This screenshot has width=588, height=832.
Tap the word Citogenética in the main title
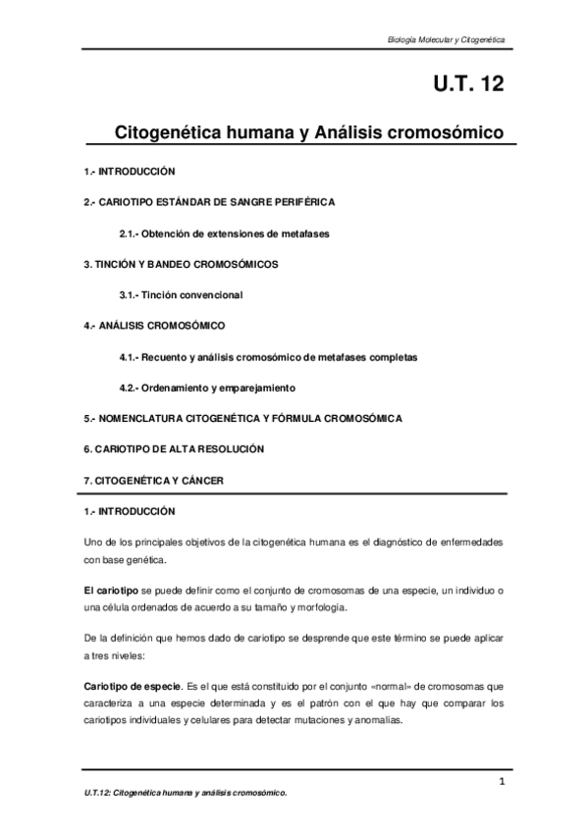point(176,130)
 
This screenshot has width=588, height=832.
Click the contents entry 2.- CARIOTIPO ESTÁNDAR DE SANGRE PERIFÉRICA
point(209,202)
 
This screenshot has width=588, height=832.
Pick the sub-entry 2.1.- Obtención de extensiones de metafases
point(224,234)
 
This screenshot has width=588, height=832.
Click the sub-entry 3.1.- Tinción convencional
point(181,295)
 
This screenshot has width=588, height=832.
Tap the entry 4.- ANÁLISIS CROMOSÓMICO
point(155,324)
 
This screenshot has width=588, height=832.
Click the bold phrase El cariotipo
point(111,588)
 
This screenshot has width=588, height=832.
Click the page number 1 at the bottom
point(501,781)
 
